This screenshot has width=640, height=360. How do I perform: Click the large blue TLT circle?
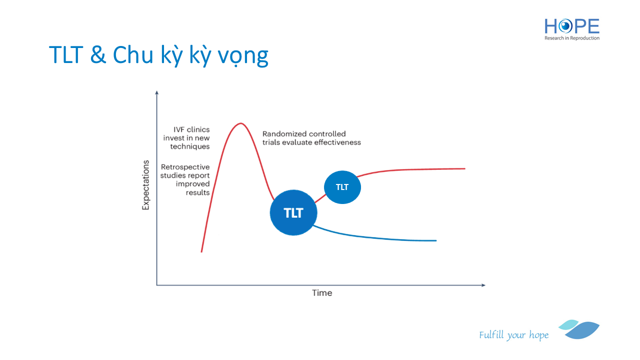pos(293,212)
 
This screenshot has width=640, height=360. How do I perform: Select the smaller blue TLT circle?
pos(342,187)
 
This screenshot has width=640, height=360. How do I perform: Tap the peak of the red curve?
pos(241,123)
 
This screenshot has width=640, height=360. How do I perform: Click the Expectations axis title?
pos(145,185)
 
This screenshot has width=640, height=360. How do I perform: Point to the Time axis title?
pos(322,293)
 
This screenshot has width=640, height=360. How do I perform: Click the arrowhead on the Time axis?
pos(483,285)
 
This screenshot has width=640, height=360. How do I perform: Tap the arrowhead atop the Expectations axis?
pos(156,92)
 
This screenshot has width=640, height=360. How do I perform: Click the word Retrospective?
pos(185,167)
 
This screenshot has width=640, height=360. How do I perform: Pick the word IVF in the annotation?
pos(178,129)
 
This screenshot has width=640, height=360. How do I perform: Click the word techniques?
pos(190,146)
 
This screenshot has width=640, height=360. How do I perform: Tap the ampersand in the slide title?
pos(98,54)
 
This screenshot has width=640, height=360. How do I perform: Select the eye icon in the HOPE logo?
pos(565,26)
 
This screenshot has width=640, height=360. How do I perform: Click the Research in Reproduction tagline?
pos(572,38)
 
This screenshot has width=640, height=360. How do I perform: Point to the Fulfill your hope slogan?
pos(513,335)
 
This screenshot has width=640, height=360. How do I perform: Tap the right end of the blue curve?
pos(436,240)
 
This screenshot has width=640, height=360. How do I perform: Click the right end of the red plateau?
pos(465,168)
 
